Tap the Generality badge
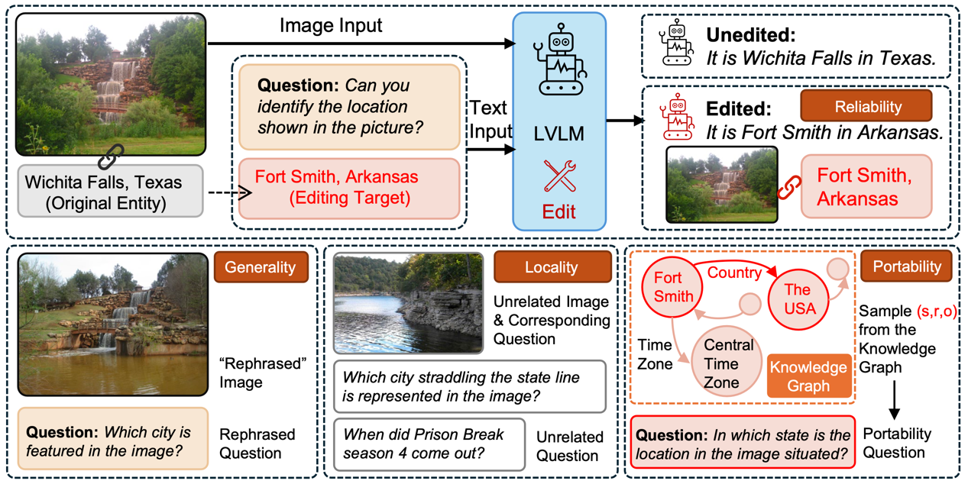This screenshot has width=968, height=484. [261, 267]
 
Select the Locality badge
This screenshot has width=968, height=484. [552, 267]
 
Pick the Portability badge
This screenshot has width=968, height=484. [908, 266]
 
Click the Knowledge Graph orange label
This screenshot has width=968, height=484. [808, 376]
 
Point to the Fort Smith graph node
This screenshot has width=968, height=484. [673, 288]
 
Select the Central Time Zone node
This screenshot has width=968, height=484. [728, 363]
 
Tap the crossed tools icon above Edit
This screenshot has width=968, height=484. [559, 176]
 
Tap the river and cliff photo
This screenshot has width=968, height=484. [408, 303]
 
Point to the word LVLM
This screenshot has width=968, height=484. [559, 134]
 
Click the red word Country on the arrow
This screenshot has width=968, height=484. [734, 273]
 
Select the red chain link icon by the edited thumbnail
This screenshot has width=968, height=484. [788, 187]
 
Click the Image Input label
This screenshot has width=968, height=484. [331, 25]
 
